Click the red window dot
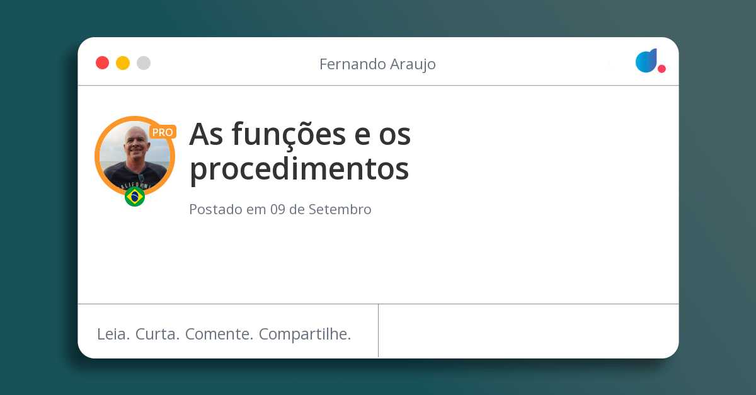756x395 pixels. (x=102, y=63)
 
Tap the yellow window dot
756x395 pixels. (x=123, y=63)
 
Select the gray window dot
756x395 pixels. (x=144, y=63)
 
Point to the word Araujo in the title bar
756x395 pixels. (x=411, y=65)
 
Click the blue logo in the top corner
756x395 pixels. (x=646, y=61)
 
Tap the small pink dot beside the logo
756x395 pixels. (x=661, y=69)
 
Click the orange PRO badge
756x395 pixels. (x=163, y=132)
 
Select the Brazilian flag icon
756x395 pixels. (x=135, y=197)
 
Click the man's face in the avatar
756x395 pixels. (x=135, y=146)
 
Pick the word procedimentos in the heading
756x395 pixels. (x=299, y=169)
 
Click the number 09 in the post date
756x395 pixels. (x=278, y=210)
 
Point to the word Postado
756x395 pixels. (x=215, y=210)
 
